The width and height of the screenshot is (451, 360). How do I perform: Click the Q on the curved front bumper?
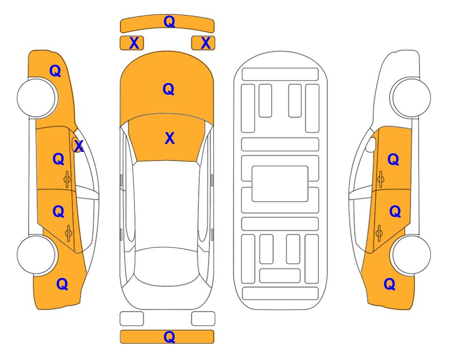coord(169,22)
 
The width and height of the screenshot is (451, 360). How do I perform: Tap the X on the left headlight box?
coord(134,43)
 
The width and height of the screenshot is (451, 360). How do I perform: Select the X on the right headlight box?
coord(206,43)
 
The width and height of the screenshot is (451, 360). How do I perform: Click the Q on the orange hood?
coord(169,89)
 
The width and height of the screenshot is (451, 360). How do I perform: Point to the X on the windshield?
coord(170,138)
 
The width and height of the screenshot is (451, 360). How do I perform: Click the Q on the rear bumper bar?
coord(169,337)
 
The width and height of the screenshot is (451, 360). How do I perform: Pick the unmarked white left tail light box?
coord(132,319)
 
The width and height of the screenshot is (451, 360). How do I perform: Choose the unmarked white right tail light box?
coord(203,319)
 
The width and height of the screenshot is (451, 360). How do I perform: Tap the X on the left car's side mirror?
coord(79,146)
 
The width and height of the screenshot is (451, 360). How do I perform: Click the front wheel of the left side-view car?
coord(37,98)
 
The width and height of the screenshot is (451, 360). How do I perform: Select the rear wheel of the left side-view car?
coord(37,255)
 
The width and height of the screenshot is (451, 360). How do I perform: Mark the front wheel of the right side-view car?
coord(411,98)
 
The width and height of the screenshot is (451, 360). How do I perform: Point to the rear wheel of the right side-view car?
coord(411,255)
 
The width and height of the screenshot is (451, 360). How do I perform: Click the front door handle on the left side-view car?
coord(67,180)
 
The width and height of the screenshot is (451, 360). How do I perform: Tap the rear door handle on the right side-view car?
coord(379,233)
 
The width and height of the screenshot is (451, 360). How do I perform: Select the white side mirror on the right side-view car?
coord(371,144)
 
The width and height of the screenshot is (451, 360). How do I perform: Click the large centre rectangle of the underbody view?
coord(280,184)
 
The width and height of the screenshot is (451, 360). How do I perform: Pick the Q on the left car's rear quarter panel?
coord(62,284)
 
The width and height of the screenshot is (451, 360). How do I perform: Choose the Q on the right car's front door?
coord(393,159)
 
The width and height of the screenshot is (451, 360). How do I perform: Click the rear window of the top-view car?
coord(165,266)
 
